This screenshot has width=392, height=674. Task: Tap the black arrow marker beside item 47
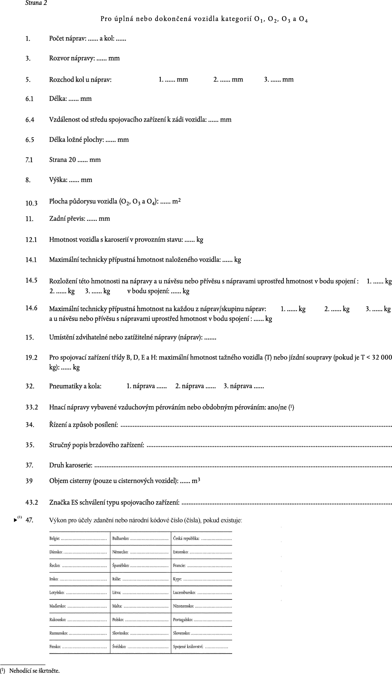click(15, 520)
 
